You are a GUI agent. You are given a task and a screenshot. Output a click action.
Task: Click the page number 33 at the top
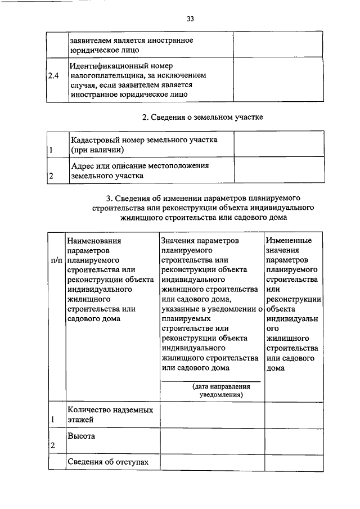[x=190, y=19]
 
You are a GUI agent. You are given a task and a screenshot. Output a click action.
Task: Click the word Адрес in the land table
[x=82, y=166]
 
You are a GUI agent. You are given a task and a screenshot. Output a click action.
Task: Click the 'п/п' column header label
[x=57, y=262]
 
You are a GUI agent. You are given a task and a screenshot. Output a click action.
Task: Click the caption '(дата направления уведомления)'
[x=213, y=391]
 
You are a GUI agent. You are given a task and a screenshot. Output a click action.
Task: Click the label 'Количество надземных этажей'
[x=110, y=415]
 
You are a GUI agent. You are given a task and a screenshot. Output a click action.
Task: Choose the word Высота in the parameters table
[x=81, y=436]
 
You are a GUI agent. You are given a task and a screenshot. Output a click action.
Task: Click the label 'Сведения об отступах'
[x=109, y=462]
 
